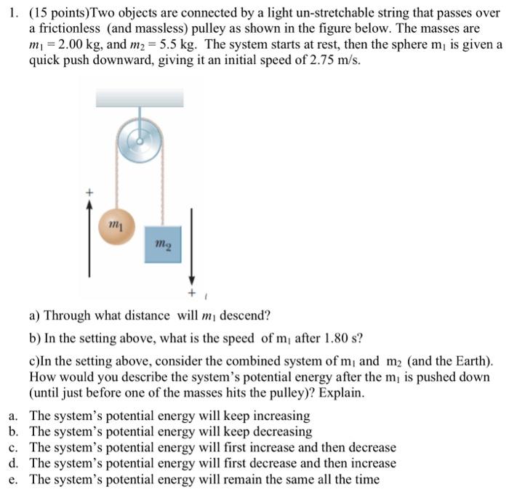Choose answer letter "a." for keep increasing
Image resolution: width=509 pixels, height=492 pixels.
tap(14, 416)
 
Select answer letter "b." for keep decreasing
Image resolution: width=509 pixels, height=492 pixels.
tap(14, 432)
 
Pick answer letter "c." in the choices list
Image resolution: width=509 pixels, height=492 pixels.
tap(14, 448)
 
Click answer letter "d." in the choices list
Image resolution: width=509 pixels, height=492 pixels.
tap(14, 463)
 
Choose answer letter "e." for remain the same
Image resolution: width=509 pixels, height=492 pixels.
tap(14, 479)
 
